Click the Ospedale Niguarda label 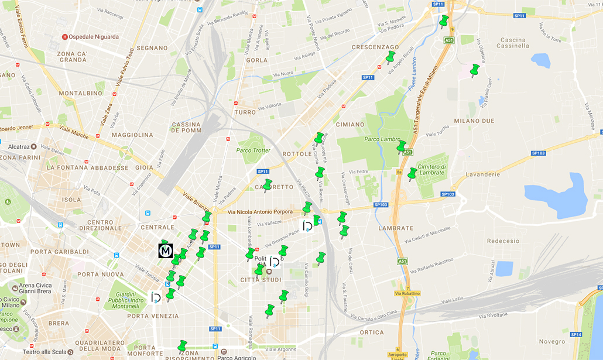93,37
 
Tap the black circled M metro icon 166,251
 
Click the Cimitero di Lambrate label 433,170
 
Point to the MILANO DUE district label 475,121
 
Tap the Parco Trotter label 253,150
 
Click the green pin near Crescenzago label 390,57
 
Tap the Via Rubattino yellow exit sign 407,293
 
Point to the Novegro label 552,341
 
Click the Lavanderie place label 483,174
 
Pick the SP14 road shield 576,334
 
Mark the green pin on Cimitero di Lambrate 412,174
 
